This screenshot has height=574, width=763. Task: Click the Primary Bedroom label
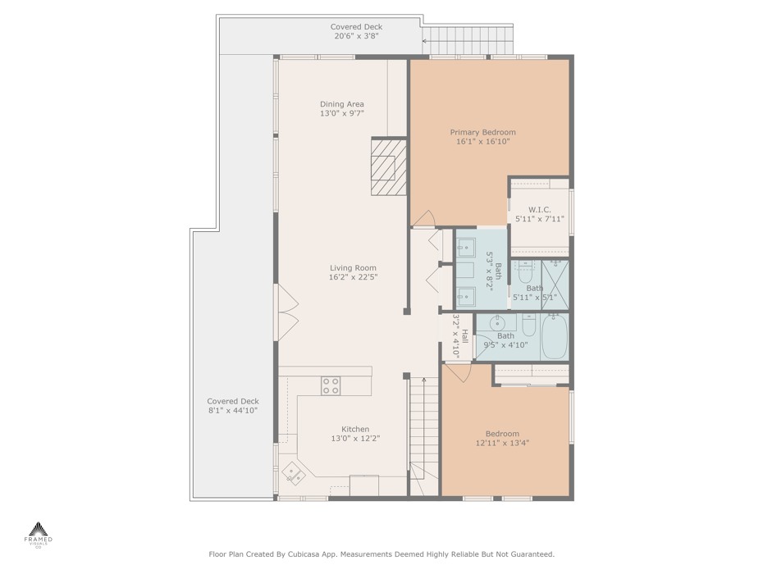click(482, 132)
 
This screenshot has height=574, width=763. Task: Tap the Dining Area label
click(341, 104)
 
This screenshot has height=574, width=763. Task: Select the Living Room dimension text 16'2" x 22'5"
click(354, 277)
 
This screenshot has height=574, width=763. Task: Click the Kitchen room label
click(355, 429)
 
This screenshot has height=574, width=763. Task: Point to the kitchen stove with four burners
click(331, 385)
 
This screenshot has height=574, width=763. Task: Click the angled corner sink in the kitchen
click(294, 473)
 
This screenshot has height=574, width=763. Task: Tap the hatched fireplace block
click(388, 166)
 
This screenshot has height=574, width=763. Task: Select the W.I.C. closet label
click(540, 210)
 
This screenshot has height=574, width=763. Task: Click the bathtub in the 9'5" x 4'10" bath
click(555, 337)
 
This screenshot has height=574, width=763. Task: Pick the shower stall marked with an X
click(555, 285)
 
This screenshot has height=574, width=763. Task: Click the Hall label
click(465, 335)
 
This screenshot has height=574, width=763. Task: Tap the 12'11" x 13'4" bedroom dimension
click(502, 443)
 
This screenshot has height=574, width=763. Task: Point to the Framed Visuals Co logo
click(39, 535)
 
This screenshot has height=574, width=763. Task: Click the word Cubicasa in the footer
click(304, 554)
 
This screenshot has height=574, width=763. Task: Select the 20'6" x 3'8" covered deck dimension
click(356, 36)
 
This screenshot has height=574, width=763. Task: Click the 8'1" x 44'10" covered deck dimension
click(233, 411)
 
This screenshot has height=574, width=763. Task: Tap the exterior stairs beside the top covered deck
click(467, 40)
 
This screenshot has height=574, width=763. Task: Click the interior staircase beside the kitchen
click(424, 436)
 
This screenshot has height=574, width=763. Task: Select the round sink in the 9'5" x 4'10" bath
click(497, 323)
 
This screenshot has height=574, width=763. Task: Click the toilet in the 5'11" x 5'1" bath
click(525, 273)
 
